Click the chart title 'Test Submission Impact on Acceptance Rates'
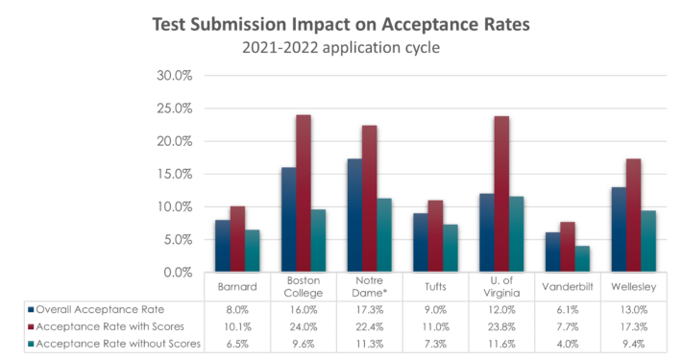coord(340,25)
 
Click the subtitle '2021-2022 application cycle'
coord(340,48)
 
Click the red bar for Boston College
coord(303,192)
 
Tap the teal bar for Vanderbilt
coord(581,258)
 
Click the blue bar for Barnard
coord(222,245)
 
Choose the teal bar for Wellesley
coord(647,241)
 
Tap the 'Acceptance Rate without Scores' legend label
coord(110,341)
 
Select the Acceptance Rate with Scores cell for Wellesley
coord(631,325)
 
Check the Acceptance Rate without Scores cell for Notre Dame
coord(368,341)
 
